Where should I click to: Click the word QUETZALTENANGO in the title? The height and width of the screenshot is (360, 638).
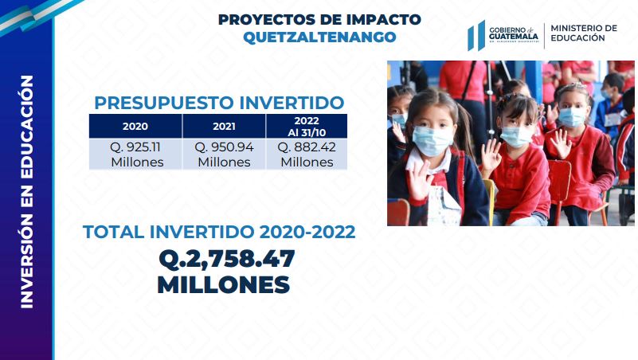tap(319, 37)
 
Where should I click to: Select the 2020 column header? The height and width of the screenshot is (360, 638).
tap(135, 126)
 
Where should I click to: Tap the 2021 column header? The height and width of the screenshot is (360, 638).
tap(224, 126)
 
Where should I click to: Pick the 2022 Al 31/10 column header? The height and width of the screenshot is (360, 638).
tap(307, 126)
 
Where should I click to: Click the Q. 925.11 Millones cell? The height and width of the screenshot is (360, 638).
tap(135, 155)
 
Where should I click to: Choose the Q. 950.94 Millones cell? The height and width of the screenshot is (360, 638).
tap(224, 155)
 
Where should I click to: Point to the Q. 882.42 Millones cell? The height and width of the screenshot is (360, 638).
tap(307, 155)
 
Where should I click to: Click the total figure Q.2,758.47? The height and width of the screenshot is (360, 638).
tap(227, 259)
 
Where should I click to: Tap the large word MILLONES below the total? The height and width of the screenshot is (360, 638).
tap(223, 285)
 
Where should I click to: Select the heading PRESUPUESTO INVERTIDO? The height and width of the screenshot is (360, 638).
tap(219, 103)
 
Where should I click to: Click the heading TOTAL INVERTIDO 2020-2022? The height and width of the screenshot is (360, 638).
tap(219, 232)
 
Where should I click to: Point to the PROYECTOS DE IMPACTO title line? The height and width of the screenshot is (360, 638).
tap(319, 19)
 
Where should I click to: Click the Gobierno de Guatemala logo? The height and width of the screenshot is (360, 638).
tap(503, 35)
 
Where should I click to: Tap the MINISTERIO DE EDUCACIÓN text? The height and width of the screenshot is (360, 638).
tap(584, 33)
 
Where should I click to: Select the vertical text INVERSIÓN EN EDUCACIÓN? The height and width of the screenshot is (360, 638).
tap(26, 192)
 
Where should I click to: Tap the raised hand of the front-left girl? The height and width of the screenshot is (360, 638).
tap(418, 180)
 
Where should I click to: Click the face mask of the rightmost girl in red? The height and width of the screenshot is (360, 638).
tap(572, 117)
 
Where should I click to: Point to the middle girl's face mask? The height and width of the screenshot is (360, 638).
tap(516, 136)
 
